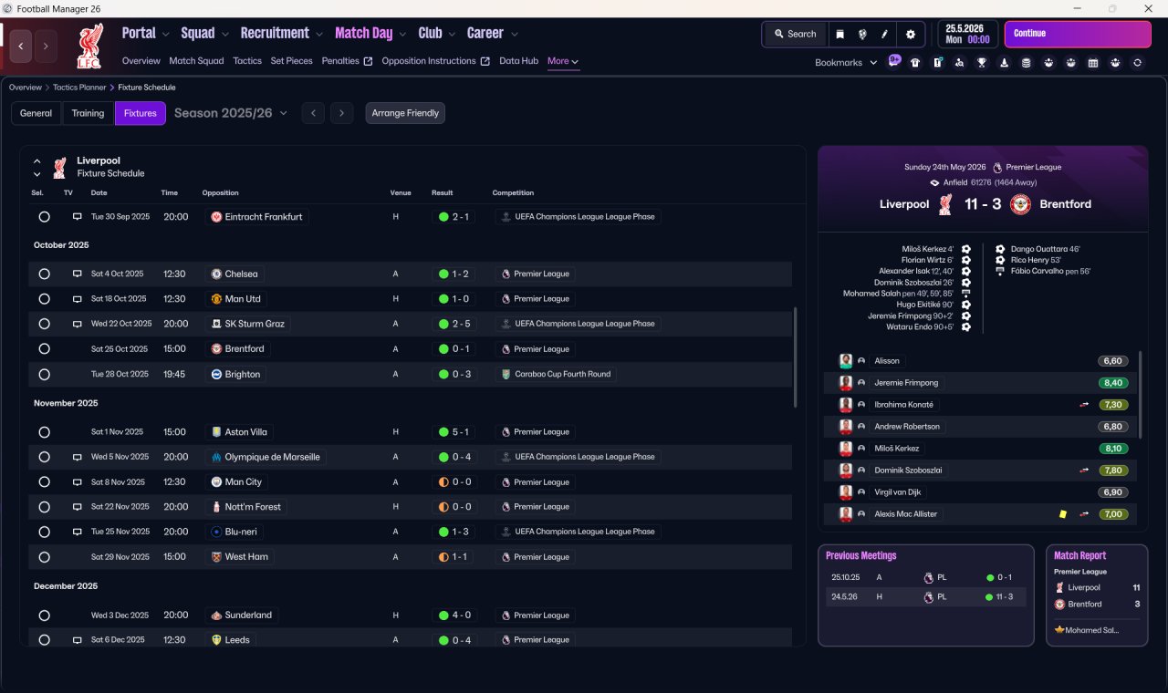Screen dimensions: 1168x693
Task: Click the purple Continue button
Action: [x=1078, y=34]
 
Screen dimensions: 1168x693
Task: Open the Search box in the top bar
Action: [x=795, y=35]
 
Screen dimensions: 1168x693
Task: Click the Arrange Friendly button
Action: [x=405, y=113]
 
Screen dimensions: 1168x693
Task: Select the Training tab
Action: [x=88, y=113]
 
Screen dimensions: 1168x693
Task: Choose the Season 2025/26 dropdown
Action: [x=231, y=113]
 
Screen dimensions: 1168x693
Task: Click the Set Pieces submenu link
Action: [x=291, y=61]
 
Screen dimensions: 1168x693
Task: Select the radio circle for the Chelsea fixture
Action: [x=45, y=274]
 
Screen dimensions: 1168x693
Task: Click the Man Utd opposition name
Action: [x=243, y=299]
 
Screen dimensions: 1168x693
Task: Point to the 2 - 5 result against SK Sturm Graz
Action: [x=461, y=324]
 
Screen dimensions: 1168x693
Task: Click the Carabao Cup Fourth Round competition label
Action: [x=563, y=374]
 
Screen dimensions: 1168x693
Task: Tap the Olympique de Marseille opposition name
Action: [x=272, y=457]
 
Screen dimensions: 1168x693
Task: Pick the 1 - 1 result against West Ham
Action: [x=459, y=557]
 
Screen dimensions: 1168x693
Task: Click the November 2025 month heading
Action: [x=66, y=403]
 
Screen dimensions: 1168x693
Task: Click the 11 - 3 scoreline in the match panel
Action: [x=983, y=203]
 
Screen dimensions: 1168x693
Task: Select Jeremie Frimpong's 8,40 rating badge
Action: [x=1112, y=383]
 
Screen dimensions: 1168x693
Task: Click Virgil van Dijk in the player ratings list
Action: [x=897, y=492]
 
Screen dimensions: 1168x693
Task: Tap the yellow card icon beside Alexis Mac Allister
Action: [x=1063, y=514]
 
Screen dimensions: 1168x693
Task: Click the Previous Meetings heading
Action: [x=860, y=555]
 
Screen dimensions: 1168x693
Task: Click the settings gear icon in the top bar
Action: [x=911, y=35]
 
